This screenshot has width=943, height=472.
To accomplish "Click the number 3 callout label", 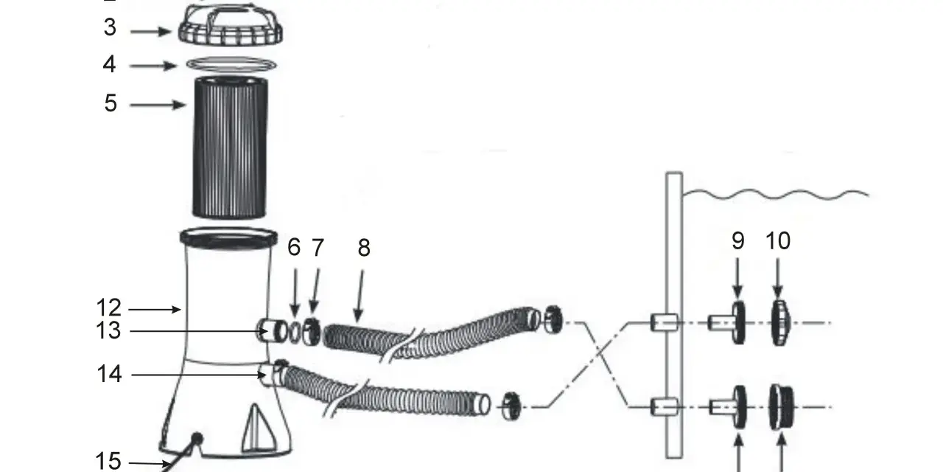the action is click(110, 27).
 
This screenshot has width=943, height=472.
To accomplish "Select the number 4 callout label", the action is click(109, 64).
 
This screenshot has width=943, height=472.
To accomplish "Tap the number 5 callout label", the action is click(111, 103).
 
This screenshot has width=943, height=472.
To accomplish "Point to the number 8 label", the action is click(364, 248).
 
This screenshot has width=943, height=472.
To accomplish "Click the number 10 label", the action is click(777, 241).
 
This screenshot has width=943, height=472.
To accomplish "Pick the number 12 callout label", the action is click(108, 308).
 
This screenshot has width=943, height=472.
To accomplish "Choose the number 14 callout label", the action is click(109, 374).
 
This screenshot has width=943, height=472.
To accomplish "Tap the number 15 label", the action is click(108, 461).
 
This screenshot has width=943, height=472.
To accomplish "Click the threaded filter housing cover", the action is click(230, 24).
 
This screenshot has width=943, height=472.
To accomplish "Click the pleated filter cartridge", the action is click(230, 147).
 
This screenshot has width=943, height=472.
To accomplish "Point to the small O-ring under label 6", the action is click(295, 333).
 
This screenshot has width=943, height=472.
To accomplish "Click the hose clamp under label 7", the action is click(312, 331).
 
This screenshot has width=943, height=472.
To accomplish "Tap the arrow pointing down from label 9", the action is click(737, 278).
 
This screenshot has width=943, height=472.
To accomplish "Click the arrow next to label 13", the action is click(199, 331).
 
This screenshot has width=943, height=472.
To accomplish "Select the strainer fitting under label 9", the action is click(727, 323).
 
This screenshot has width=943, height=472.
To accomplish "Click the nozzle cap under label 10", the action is click(780, 323).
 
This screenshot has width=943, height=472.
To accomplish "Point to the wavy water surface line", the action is click(776, 195).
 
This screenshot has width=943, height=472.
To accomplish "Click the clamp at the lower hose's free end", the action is click(511, 406).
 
